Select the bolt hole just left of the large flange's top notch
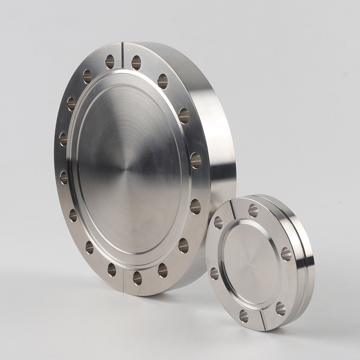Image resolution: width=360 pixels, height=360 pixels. click(x=110, y=61)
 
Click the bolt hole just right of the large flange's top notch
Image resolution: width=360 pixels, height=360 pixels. click(x=136, y=62)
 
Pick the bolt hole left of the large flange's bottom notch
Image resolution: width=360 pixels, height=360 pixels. click(x=112, y=270)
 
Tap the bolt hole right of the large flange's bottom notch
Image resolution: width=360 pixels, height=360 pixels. click(x=137, y=278)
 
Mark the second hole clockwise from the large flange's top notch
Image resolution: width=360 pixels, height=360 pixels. click(x=162, y=81)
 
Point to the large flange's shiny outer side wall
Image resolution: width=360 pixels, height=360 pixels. click(x=216, y=135)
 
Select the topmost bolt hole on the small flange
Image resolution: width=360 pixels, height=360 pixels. click(x=253, y=211)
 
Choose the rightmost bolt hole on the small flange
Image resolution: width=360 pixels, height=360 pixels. click(x=286, y=254)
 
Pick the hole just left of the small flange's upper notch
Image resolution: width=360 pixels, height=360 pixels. click(x=218, y=222)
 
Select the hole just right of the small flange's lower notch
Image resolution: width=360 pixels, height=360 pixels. click(x=280, y=308)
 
